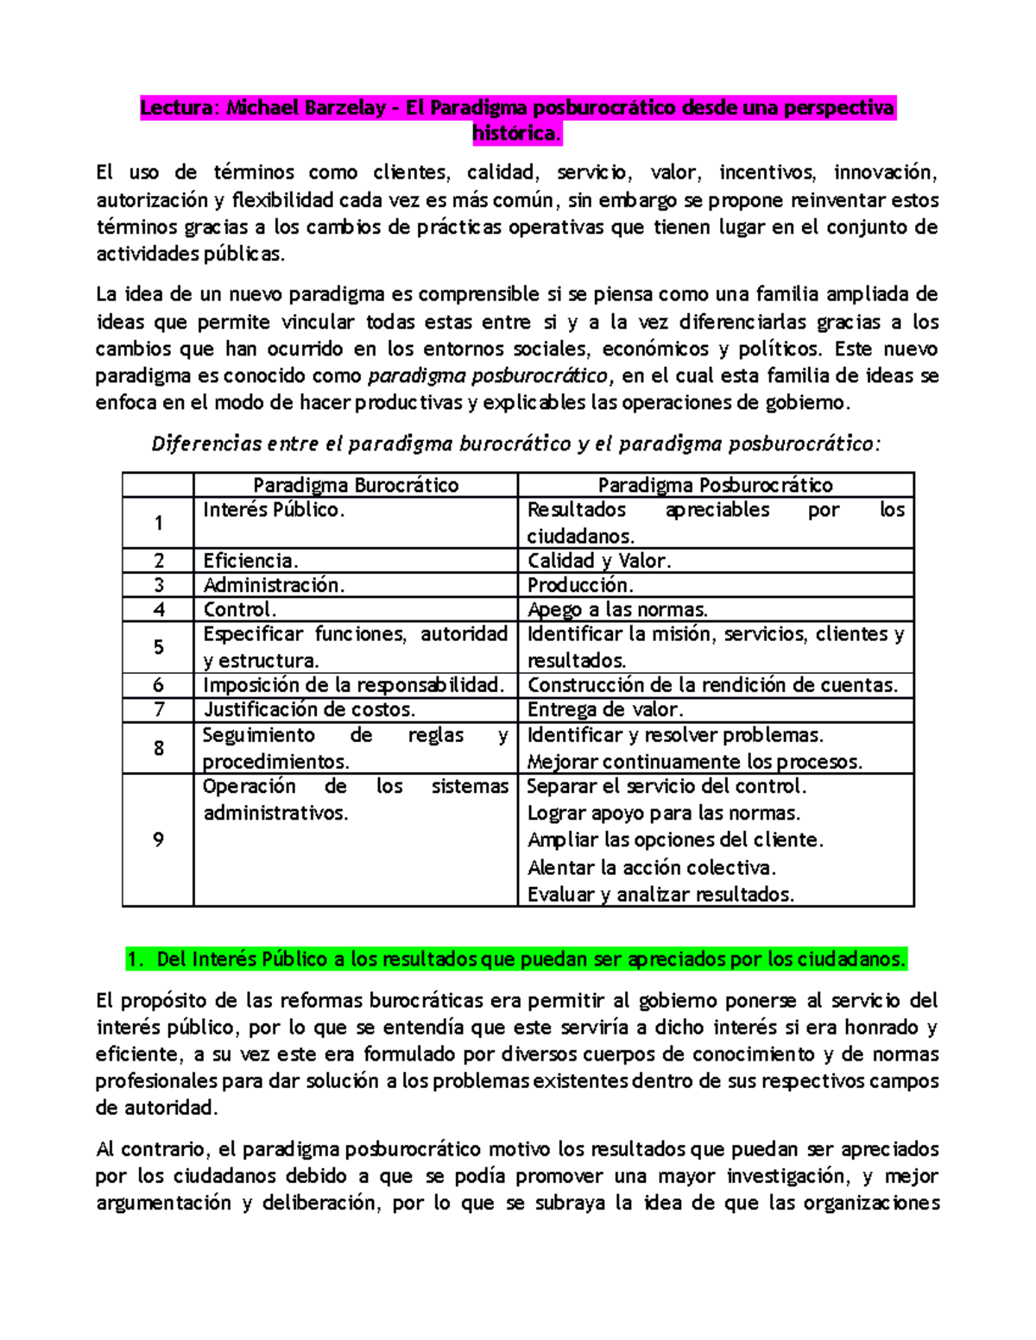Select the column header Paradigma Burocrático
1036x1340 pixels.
[356, 485]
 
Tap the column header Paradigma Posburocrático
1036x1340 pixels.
[715, 485]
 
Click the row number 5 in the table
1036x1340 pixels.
[158, 647]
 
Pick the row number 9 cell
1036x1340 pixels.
[158, 840]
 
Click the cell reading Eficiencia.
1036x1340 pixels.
[251, 561]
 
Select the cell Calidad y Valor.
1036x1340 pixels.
[599, 561]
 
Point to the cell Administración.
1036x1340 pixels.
[274, 585]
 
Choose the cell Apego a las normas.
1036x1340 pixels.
[617, 609]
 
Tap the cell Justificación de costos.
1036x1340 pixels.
[309, 709]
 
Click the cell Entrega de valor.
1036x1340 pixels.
[605, 709]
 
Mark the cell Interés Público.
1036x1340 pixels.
[274, 510]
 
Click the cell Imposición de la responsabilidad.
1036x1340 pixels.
[354, 685]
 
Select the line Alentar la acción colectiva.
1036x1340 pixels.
[652, 867]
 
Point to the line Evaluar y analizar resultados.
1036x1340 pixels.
[660, 894]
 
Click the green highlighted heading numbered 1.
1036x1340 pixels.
[517, 959]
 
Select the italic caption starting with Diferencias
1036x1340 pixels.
[516, 444]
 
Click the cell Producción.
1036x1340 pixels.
[580, 585]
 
